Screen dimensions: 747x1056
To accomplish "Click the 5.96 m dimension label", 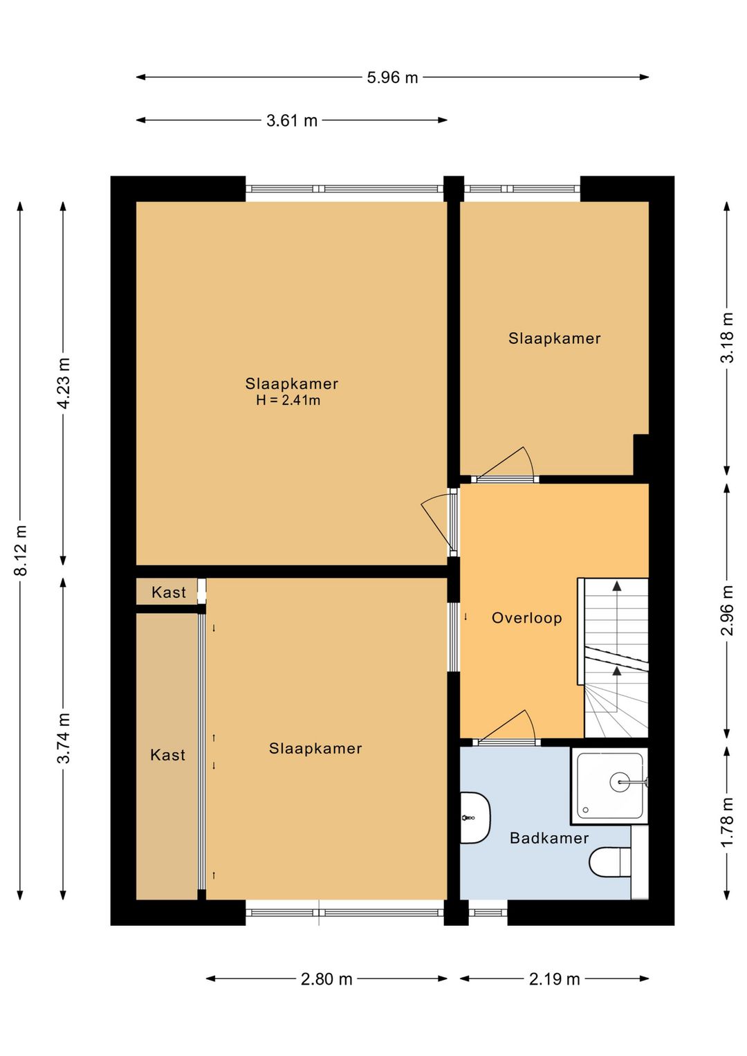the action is pos(392,78).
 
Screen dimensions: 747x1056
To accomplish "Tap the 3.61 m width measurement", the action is pos(292,120).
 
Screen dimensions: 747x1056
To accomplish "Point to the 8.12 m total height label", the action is pos(21,550).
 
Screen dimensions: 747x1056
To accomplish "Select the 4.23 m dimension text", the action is pos(64,383).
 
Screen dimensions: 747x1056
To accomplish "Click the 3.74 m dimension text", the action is pos(64,738).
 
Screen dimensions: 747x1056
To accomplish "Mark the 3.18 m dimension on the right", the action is pos(727,338).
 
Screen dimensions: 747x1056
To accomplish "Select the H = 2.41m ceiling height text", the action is pos(288,401).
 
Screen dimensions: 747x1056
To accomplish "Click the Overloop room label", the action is pos(526,618).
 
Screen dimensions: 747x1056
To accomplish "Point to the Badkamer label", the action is pos(549,838).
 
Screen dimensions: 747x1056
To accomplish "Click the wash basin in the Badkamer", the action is pos(475,818).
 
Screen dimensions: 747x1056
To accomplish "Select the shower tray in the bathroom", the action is pos(609,785).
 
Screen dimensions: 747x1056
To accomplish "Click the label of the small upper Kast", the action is pos(169,592).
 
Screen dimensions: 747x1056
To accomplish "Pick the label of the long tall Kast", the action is pos(167,755).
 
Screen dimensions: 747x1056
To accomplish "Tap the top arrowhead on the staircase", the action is pos(616,586).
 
